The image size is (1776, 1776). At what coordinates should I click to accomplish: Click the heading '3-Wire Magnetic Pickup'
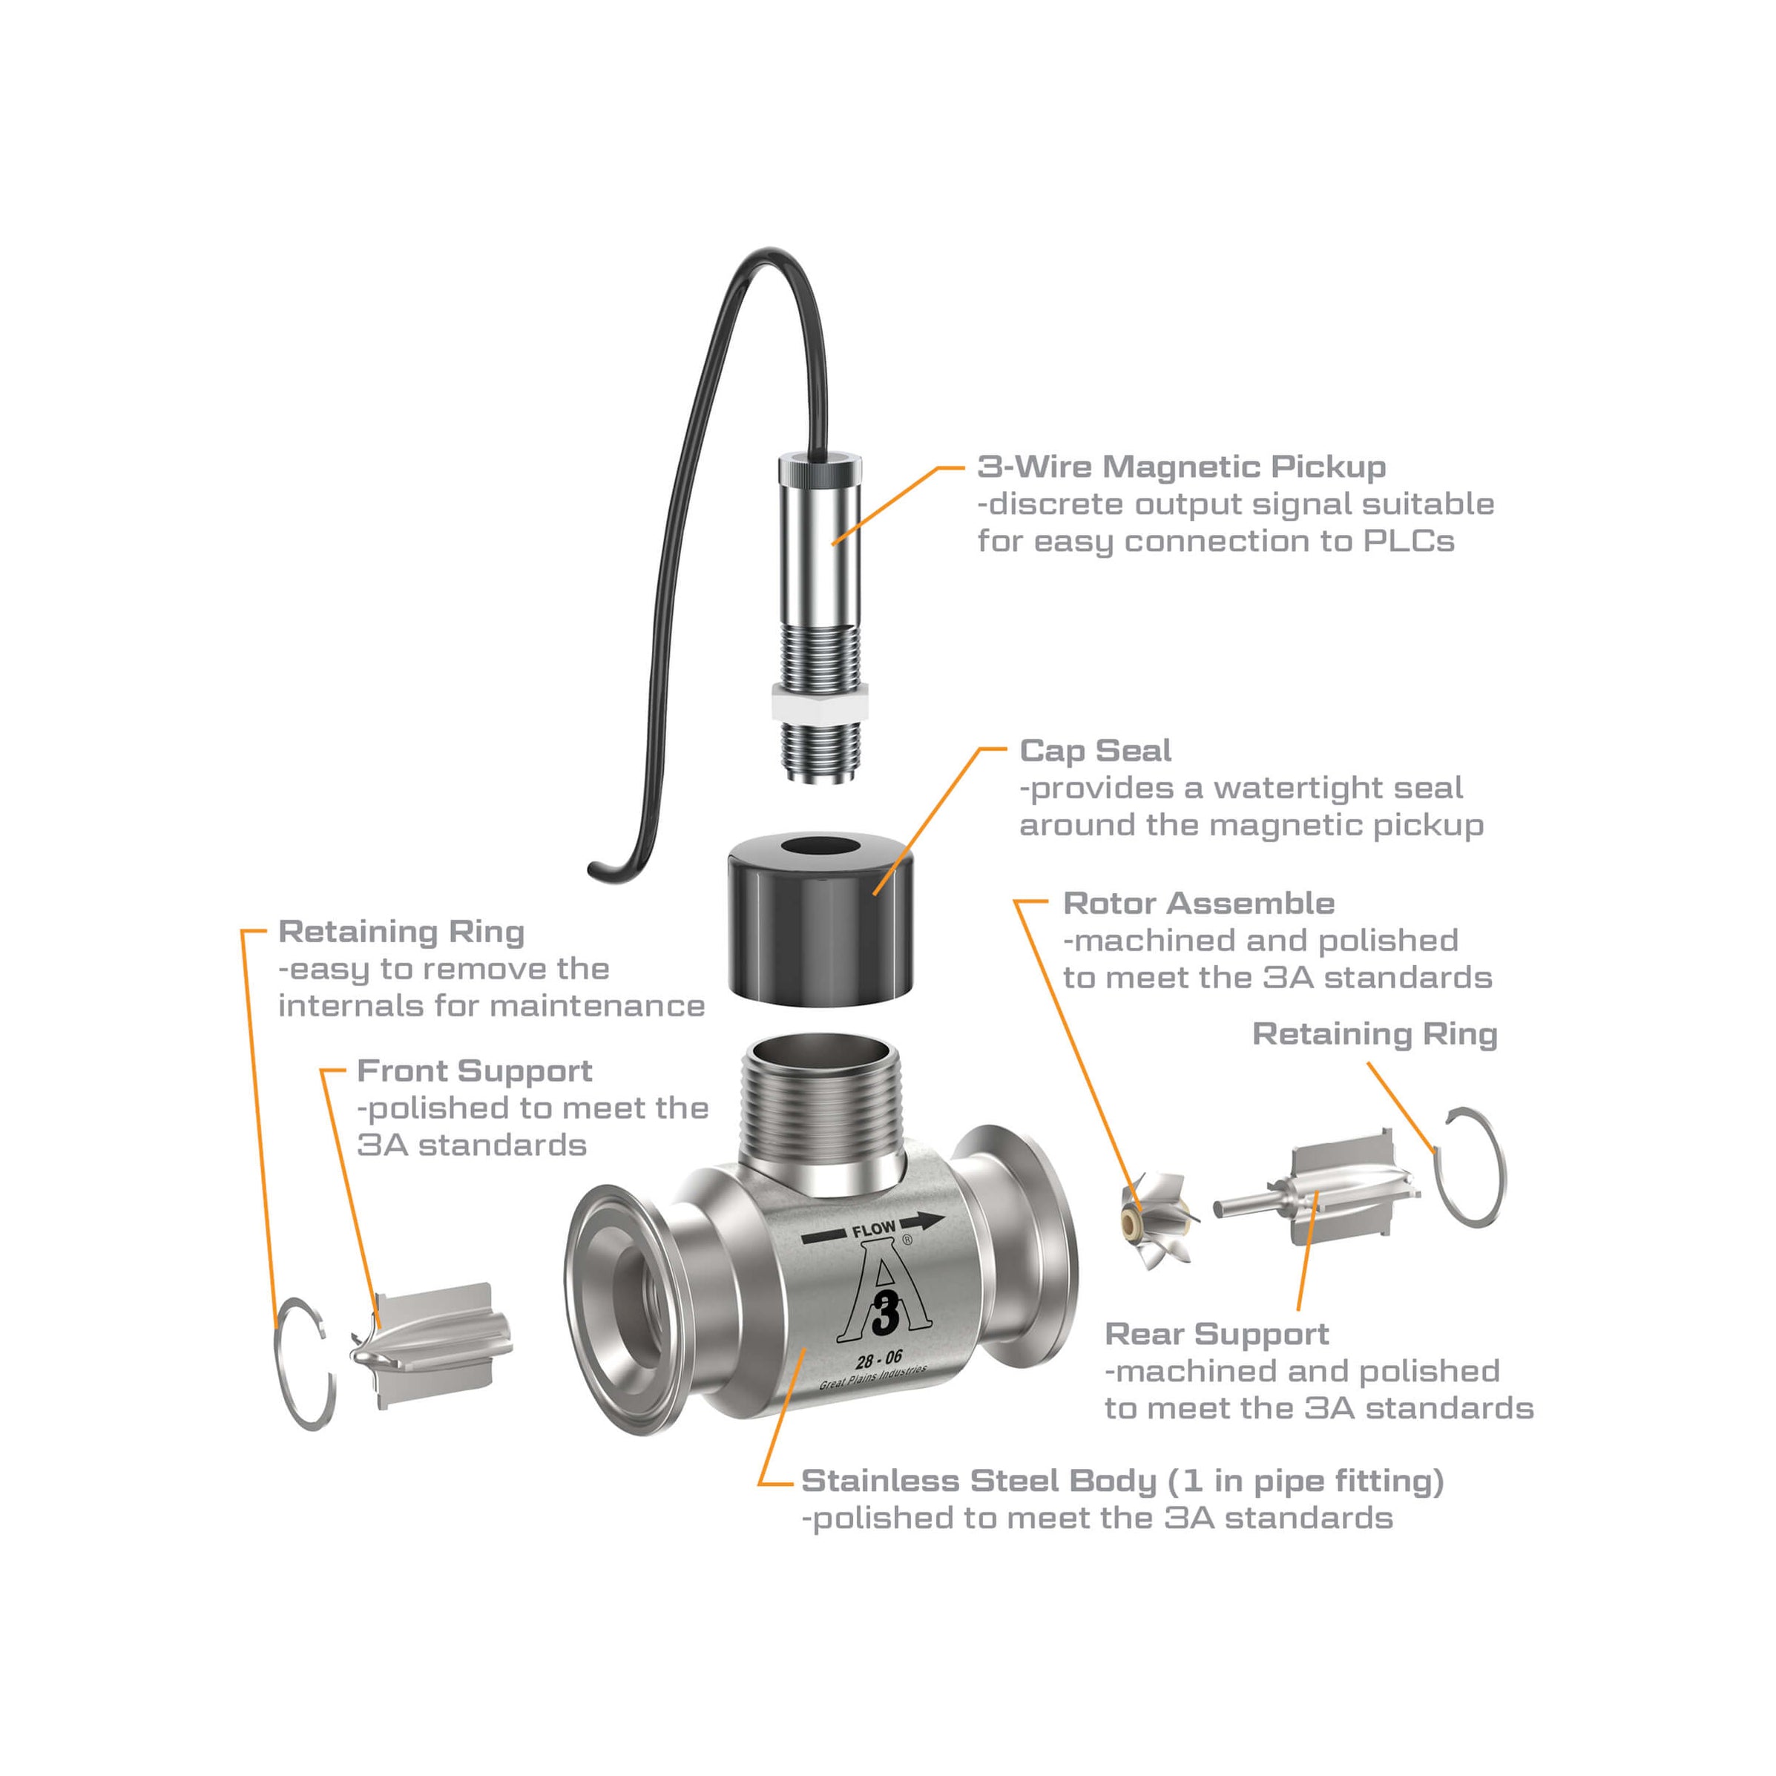[1180, 467]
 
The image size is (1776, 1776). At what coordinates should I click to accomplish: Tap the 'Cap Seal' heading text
[1095, 751]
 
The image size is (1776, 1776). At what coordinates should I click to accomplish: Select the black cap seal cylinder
[820, 929]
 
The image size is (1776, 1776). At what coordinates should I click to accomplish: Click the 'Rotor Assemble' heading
[1198, 904]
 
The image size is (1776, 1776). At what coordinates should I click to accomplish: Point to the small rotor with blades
[1157, 1221]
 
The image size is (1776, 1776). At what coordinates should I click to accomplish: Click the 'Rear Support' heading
[1216, 1334]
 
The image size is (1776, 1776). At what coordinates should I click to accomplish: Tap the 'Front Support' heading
[473, 1071]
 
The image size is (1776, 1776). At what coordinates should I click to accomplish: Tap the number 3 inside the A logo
[884, 1315]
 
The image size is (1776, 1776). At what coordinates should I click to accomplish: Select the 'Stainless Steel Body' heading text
[1122, 1481]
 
